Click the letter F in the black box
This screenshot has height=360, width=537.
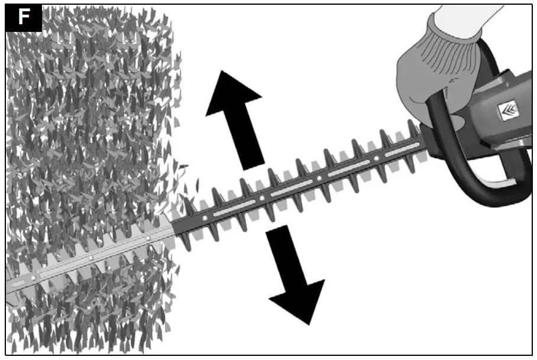click(24, 18)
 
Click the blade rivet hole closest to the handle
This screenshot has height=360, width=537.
click(376, 160)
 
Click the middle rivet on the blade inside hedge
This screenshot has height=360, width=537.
click(90, 258)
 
